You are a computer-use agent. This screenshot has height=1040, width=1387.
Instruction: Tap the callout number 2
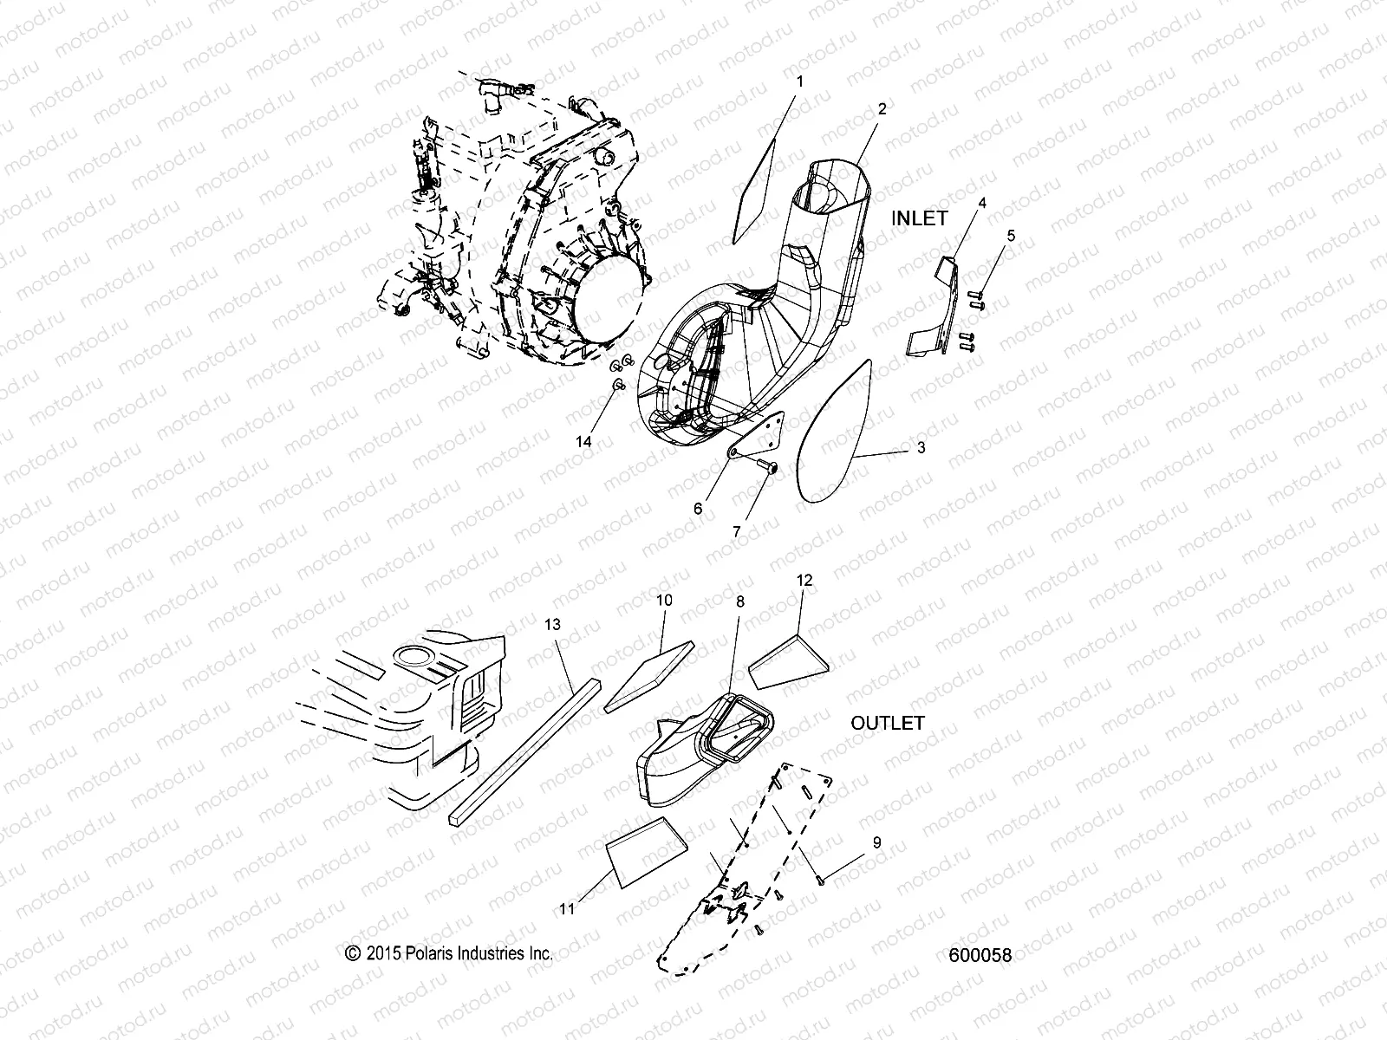tap(882, 109)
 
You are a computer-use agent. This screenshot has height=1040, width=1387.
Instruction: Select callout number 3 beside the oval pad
tap(921, 448)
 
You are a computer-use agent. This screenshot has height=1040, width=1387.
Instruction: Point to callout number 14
tap(583, 441)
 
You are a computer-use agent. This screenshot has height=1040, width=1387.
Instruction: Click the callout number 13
tap(553, 624)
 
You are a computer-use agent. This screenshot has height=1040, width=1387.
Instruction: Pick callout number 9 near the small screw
tap(876, 842)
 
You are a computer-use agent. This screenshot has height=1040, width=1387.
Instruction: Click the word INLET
tap(920, 219)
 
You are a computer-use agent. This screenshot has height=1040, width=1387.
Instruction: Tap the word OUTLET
tap(887, 723)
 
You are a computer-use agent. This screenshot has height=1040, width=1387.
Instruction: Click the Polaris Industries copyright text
tap(449, 952)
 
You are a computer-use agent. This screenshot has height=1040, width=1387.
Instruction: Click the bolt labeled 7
tap(768, 468)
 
